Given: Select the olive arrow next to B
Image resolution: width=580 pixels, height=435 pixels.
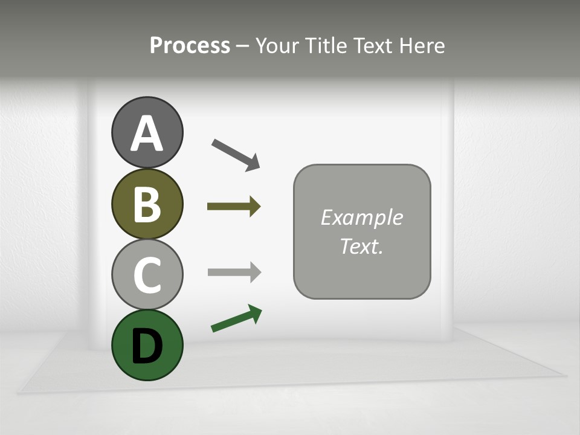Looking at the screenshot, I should pos(234,207).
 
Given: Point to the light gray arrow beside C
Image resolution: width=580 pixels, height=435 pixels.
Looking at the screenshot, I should pos(234,272).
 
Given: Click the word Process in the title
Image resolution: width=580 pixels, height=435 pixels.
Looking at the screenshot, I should pos(190,45).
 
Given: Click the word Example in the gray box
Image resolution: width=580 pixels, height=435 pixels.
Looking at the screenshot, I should pos(361,217).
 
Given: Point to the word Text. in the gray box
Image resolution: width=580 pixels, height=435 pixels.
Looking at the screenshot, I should pos(361,246).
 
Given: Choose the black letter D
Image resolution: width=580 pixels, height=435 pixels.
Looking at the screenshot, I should pos(147,346).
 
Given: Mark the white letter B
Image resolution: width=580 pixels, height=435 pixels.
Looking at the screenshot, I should pos(147,204).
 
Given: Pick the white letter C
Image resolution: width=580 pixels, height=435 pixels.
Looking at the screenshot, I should pos(147,274).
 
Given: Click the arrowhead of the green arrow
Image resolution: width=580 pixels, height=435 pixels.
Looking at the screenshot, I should pos(256,313).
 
